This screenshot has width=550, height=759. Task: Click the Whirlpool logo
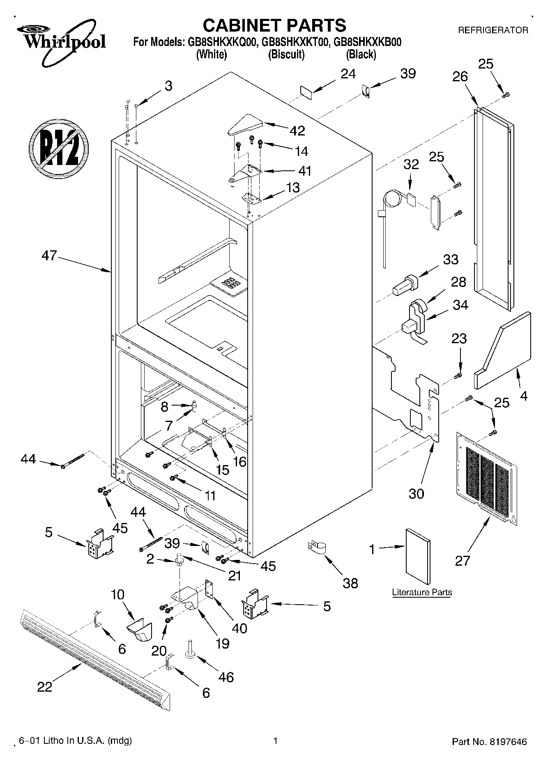[x=61, y=41]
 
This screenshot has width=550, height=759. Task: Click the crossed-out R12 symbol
[x=59, y=150]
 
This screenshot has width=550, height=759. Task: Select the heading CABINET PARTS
[x=274, y=25]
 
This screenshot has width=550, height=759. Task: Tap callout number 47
[x=49, y=256]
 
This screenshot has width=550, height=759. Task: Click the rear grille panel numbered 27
[x=486, y=478]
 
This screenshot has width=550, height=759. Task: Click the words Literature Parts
[x=422, y=592]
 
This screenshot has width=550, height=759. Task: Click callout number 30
[x=416, y=493]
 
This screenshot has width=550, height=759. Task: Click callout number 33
[x=451, y=260]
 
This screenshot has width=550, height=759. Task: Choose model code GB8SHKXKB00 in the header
[x=367, y=42]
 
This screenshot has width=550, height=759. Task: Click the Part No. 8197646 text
[x=489, y=742]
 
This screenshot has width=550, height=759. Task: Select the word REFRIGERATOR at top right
[x=493, y=30]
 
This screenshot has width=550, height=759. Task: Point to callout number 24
[x=348, y=74]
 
